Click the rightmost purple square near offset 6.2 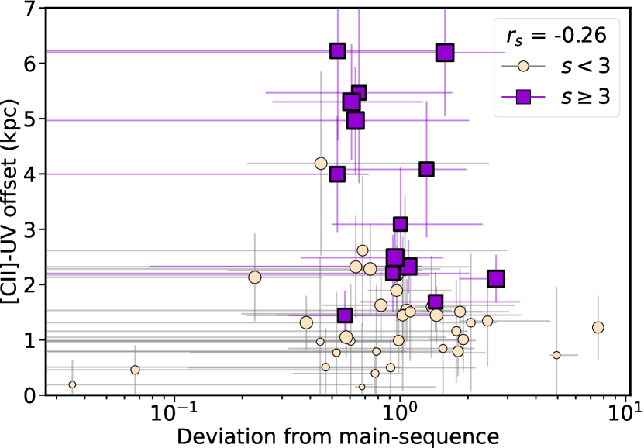click(445, 53)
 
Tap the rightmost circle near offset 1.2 click(598, 328)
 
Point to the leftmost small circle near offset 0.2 click(72, 384)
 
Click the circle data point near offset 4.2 click(321, 164)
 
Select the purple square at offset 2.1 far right click(496, 279)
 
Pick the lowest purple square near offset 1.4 click(345, 315)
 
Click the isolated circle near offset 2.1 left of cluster click(255, 277)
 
